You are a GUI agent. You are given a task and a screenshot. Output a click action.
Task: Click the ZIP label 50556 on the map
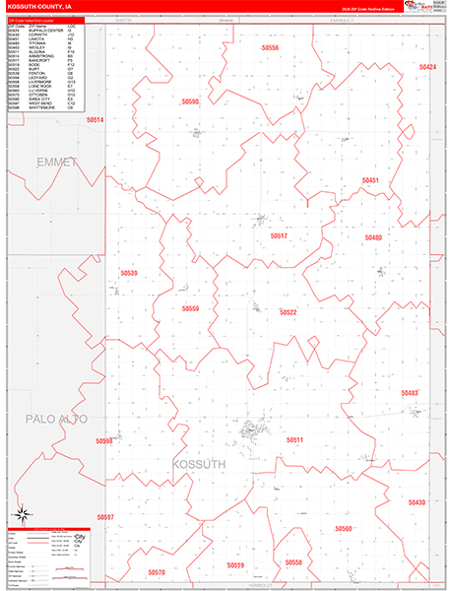point(271,47)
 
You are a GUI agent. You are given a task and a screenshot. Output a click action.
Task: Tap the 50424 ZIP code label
point(426,67)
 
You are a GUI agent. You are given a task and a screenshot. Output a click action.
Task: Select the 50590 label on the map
point(190,101)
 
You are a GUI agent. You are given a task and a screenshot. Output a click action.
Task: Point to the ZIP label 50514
point(95,119)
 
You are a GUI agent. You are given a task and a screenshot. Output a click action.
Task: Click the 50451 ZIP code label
point(369,180)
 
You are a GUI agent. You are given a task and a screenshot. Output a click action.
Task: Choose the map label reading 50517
point(279,236)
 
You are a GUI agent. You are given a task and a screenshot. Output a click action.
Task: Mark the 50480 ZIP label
point(373,237)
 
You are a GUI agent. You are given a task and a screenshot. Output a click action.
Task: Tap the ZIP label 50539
point(128,273)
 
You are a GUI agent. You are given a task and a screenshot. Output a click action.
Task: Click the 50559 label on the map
point(190,308)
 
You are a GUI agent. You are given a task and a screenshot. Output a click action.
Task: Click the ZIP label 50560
point(344,529)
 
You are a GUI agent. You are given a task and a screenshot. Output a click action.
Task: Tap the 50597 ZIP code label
point(105,516)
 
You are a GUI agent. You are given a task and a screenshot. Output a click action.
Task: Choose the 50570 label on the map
point(157,571)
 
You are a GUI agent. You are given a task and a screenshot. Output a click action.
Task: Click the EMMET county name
point(55,161)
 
